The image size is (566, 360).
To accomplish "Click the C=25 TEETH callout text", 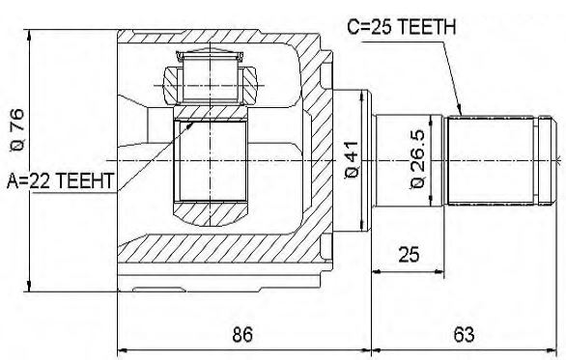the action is tap(402, 27).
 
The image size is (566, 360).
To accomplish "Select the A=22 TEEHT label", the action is tap(61, 180).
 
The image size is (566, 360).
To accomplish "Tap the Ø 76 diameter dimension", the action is tap(17, 130).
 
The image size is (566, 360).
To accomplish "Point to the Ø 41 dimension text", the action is tap(352, 159).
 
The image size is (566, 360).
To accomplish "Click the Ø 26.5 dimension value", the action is tap(417, 159).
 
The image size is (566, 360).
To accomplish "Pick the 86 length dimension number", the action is tap(242, 334).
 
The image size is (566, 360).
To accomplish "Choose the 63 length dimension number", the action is tap(464, 334).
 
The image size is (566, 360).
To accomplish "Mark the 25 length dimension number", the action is tap(409, 254).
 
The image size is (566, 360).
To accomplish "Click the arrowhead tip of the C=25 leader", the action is tap(462, 115).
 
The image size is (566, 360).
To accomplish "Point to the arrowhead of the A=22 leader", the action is tap(194, 122).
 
